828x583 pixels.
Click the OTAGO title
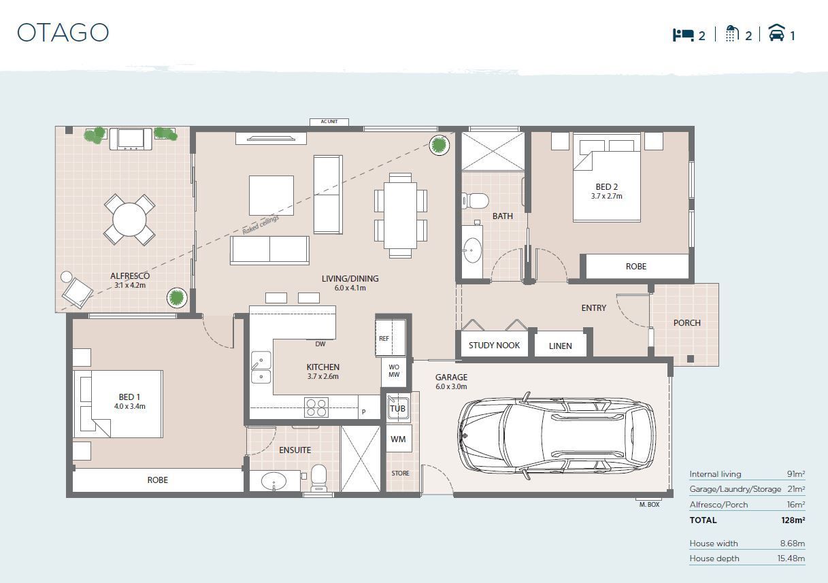63,33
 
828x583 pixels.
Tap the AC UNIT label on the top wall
329,122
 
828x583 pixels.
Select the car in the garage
557,433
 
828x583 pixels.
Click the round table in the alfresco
129,219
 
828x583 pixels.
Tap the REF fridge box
384,338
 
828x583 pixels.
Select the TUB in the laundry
397,408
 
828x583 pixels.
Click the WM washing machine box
398,439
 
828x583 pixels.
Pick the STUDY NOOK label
494,345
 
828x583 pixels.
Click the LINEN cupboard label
560,346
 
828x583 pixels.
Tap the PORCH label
686,322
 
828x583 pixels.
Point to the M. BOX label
649,504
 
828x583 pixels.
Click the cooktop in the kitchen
316,407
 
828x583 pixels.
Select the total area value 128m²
793,520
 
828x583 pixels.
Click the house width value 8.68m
791,543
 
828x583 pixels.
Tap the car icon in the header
776,33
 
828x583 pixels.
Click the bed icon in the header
683,35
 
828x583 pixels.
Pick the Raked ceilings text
261,225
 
